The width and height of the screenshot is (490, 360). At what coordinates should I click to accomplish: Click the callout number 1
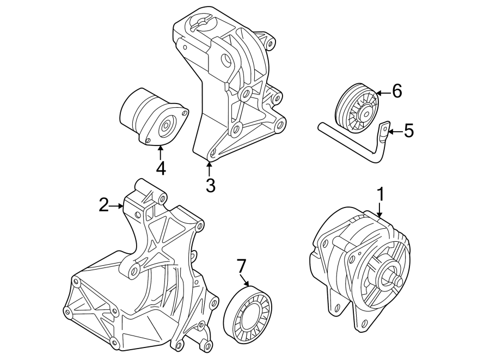(x=381, y=193)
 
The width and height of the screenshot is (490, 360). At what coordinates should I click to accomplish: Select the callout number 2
(x=104, y=205)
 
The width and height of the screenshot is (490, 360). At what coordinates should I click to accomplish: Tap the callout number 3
(x=210, y=185)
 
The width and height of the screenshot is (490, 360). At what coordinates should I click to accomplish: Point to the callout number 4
(x=160, y=168)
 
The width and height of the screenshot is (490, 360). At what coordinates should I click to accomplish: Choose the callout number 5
(x=408, y=131)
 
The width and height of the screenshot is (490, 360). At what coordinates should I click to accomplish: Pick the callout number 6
(x=396, y=91)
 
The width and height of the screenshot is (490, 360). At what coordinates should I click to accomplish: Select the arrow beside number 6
(x=382, y=93)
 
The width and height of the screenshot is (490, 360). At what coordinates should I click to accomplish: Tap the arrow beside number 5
(x=395, y=131)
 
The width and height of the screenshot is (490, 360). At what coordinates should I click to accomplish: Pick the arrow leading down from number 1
(x=381, y=212)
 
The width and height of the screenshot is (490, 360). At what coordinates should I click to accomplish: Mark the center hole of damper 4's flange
(x=164, y=130)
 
